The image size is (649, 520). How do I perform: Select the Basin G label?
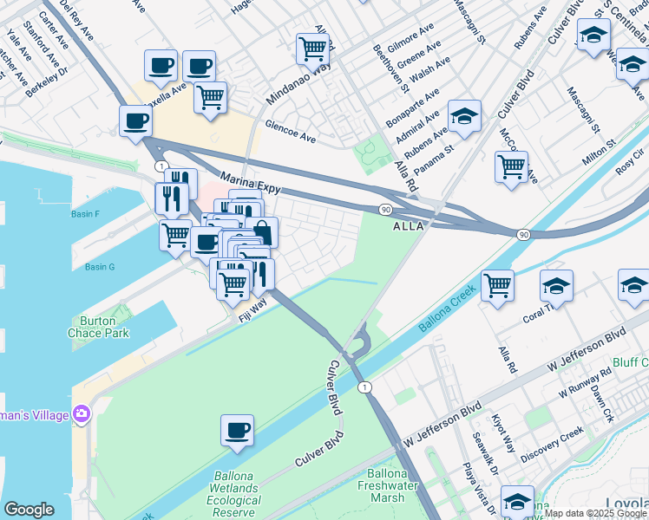point(100,267)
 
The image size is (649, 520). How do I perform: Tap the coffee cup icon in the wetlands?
point(237,431)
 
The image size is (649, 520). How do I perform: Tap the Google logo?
point(29,510)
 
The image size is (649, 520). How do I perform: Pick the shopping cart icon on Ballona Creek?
point(497,285)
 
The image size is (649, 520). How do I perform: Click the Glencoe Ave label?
point(291,130)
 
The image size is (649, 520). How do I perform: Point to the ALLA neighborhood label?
point(409,226)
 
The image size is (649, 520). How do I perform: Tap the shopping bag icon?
point(262,232)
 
